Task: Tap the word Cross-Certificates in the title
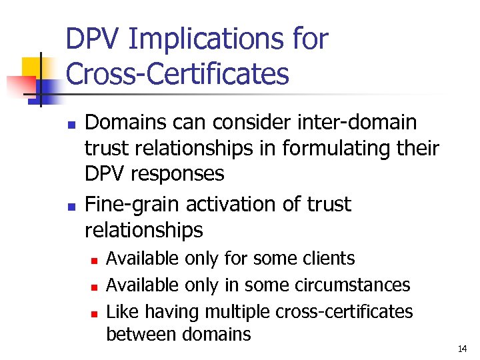tap(178, 74)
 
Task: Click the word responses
tap(179, 174)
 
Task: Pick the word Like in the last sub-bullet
tap(121, 311)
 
